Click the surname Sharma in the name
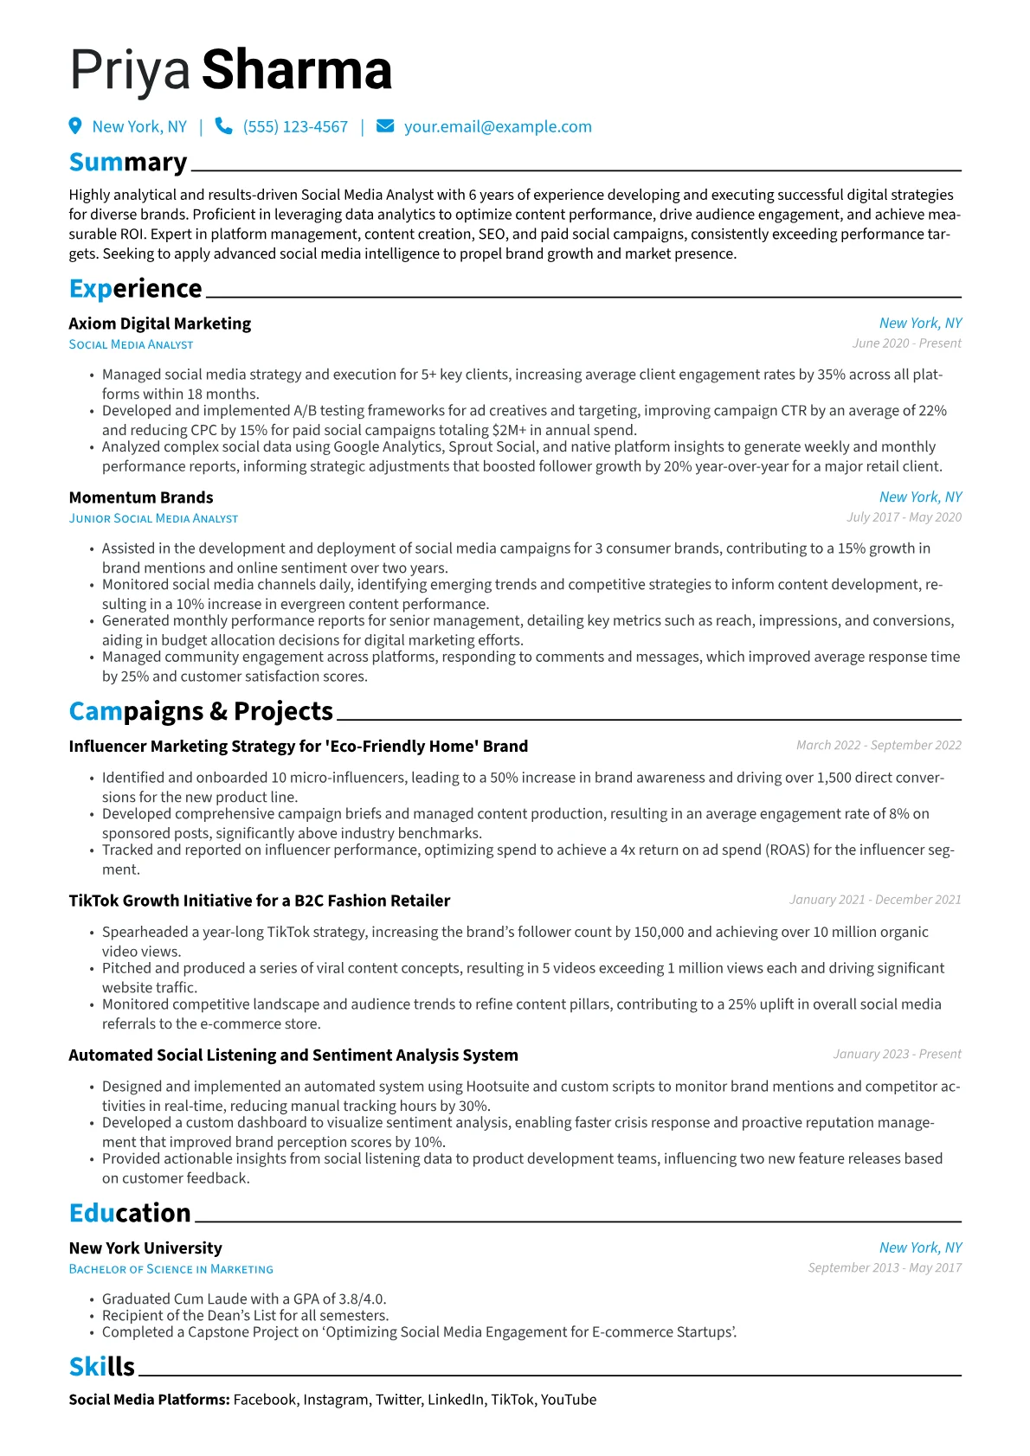click(x=297, y=70)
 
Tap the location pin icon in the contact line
click(x=75, y=126)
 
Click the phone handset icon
click(x=223, y=126)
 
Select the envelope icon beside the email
click(x=385, y=126)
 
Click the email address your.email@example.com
click(x=498, y=127)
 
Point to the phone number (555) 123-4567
click(x=295, y=127)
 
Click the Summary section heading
click(x=128, y=163)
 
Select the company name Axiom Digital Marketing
click(x=160, y=324)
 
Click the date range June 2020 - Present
click(x=906, y=343)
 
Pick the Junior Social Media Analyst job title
click(x=153, y=518)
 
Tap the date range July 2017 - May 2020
click(x=904, y=517)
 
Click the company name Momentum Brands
click(x=141, y=497)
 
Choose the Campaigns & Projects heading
click(x=201, y=711)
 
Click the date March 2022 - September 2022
click(x=879, y=746)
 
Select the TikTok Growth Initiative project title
click(x=260, y=901)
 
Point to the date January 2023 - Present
click(x=897, y=1055)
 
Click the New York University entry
click(x=145, y=1248)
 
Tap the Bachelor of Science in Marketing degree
click(x=171, y=1269)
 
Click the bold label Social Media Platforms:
click(x=149, y=1400)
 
